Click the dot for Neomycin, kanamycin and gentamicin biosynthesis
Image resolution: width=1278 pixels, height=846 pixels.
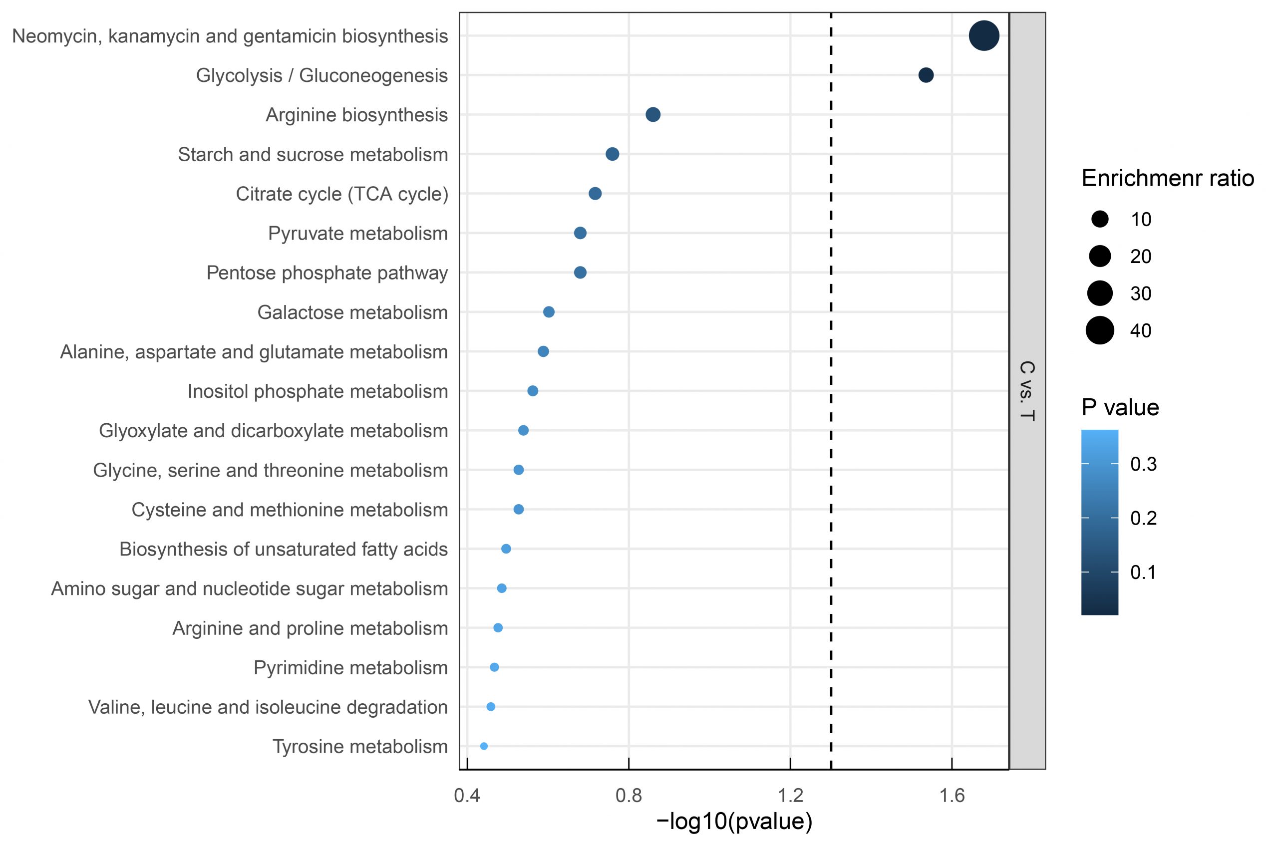pos(984,36)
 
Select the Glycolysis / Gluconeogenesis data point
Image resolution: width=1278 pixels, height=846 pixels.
pos(926,75)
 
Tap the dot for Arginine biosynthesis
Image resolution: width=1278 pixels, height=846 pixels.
pos(653,115)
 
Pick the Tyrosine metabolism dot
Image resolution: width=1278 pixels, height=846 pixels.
pos(484,746)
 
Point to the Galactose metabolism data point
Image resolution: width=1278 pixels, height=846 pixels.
pos(548,312)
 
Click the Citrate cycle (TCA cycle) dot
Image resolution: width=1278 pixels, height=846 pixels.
pos(595,194)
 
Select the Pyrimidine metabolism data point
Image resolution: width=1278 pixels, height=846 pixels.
pos(494,667)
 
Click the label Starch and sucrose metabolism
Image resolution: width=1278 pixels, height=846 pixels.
pos(313,155)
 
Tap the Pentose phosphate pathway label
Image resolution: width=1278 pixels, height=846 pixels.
pos(327,273)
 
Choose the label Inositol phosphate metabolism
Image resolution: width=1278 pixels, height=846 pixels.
pos(318,391)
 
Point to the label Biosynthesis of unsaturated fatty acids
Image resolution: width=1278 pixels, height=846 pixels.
pos(284,549)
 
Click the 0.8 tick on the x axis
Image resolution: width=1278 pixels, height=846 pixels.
pos(629,795)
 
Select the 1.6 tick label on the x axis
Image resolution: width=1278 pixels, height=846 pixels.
pos(952,795)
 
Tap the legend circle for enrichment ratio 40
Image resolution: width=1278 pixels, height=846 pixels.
pos(1100,330)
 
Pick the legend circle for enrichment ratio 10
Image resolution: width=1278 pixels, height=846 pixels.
pos(1100,219)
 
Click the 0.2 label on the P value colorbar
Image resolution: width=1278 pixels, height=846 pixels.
pos(1143,519)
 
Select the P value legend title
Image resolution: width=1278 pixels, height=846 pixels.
pos(1120,407)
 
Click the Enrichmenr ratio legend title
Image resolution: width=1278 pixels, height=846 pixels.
pos(1167,179)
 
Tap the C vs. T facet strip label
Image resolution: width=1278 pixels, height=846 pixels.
pos(1027,391)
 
